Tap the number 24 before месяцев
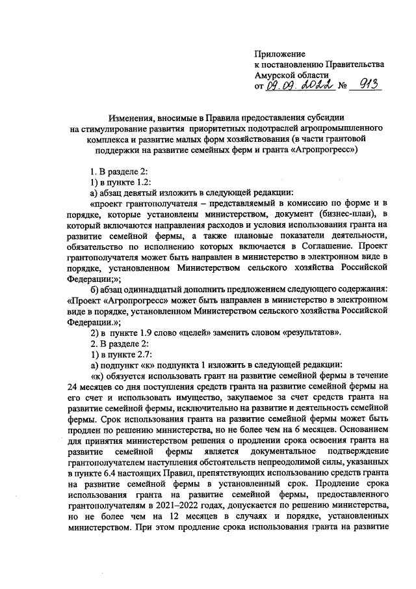(x=73, y=387)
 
